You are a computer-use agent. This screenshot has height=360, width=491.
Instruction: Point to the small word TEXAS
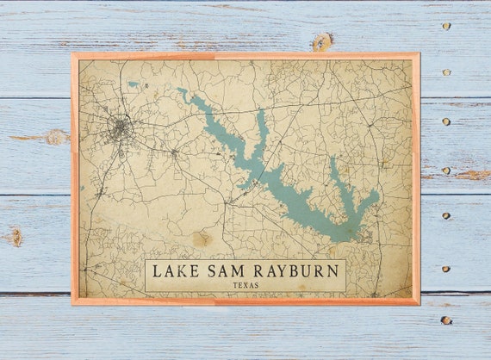[245, 285]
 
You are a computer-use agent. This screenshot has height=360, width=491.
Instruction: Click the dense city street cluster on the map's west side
[120, 129]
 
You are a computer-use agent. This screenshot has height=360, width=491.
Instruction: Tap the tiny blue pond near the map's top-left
[133, 84]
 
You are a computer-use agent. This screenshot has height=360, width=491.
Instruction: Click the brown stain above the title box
[202, 239]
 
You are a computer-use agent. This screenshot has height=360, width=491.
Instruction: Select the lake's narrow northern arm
[261, 129]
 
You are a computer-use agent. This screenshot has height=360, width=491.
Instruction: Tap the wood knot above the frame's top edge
[322, 41]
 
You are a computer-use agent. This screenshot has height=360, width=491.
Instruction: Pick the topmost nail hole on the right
[446, 26]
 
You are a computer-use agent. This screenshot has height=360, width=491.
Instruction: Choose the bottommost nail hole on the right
[445, 320]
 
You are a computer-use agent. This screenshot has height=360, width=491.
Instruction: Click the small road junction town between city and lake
[174, 153]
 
